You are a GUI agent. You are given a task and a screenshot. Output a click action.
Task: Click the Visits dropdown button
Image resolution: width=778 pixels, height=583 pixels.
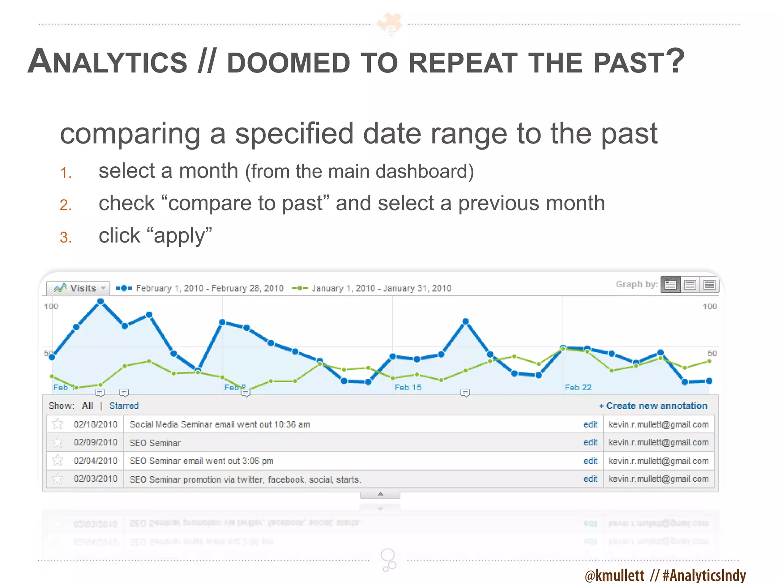tap(78, 288)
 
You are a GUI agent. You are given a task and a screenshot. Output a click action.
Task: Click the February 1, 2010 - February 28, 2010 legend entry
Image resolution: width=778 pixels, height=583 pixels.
tap(209, 288)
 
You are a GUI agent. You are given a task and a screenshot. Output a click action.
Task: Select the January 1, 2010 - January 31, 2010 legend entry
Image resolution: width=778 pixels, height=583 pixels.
tap(381, 288)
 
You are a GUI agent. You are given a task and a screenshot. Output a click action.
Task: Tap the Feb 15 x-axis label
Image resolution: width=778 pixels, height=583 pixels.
tap(408, 387)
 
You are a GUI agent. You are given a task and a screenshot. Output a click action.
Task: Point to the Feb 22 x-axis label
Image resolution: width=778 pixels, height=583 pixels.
tap(578, 387)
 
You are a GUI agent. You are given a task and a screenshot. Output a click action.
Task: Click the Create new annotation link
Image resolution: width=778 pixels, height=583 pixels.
tap(653, 406)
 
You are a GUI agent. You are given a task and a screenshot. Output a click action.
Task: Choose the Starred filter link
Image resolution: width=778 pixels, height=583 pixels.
tap(124, 406)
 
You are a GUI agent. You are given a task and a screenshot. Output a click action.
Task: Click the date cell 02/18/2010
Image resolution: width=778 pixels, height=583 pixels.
tap(95, 424)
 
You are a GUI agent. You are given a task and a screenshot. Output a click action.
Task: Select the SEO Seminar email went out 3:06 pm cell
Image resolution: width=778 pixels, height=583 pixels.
tap(201, 461)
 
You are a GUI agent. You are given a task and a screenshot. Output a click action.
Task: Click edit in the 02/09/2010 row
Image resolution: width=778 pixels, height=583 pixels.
tap(590, 443)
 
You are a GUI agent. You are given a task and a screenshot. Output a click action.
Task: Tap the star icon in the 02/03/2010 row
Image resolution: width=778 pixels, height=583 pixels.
tap(58, 479)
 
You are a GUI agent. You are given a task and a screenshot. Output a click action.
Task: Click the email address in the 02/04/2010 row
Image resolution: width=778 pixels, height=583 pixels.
tap(658, 461)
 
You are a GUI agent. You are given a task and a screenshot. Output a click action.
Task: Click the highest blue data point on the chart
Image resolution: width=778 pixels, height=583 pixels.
tap(101, 301)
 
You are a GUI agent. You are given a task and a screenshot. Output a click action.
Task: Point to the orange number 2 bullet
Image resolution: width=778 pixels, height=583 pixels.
tap(65, 205)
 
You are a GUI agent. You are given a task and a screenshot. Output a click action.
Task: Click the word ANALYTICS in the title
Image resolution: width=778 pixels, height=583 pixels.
tap(108, 62)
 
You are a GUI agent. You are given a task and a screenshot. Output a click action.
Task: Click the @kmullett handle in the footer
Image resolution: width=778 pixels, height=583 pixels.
tap(615, 575)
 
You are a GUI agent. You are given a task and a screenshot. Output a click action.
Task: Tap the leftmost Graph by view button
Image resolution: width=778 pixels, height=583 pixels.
tap(670, 284)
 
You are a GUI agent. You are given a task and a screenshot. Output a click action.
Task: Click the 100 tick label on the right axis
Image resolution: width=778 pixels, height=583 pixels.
tap(709, 306)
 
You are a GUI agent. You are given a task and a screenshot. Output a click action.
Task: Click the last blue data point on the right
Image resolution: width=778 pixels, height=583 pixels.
tap(709, 381)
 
